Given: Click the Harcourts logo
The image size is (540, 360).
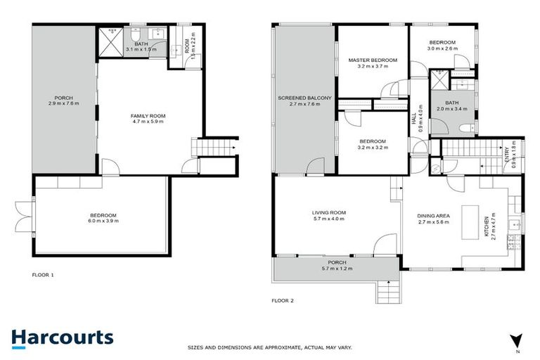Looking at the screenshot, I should click(62, 337).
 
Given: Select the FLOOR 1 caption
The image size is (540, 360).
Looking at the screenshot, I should click(43, 274).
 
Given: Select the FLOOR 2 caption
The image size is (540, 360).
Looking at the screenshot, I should click(283, 300).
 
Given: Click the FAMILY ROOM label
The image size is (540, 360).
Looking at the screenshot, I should click(148, 117).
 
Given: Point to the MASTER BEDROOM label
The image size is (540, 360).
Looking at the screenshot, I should click(373, 60).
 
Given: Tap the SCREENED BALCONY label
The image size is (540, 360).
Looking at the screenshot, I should click(299, 98).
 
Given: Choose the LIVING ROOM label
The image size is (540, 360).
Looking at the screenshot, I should click(329, 212).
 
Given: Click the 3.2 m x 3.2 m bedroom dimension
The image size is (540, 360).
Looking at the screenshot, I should click(373, 150).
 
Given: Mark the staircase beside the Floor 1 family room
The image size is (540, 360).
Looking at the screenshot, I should click(216, 148).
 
